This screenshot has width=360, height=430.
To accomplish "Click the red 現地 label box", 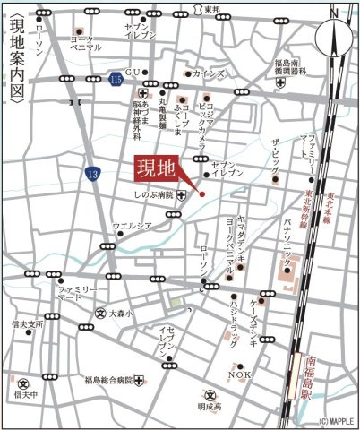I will click(x=157, y=168).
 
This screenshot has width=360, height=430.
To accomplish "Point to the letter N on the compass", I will click(x=333, y=14).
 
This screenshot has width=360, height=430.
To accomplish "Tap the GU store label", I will click(x=133, y=72).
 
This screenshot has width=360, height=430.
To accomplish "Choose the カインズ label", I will click(x=210, y=73).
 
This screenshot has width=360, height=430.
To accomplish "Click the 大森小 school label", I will click(x=121, y=314).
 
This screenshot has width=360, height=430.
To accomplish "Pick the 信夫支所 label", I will click(x=28, y=323).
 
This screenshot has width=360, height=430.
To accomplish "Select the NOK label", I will click(x=239, y=374).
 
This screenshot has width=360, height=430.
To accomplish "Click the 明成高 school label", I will click(x=210, y=406).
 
